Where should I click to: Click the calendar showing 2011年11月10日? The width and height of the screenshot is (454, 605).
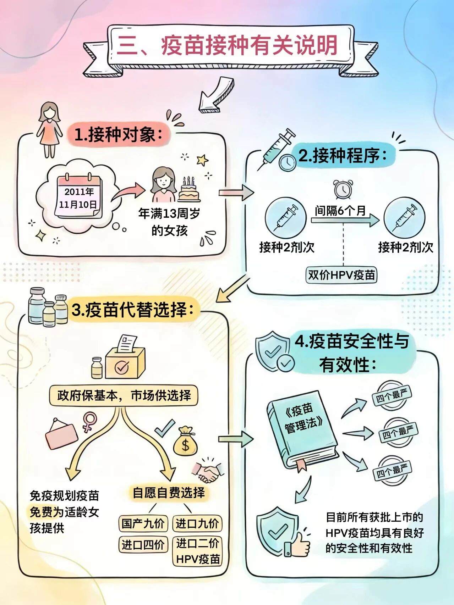(x=79, y=197)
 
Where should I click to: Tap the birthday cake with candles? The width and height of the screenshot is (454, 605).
(x=188, y=190)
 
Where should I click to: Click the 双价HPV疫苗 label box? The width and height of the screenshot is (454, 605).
(x=341, y=275)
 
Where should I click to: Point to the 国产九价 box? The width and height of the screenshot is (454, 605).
(x=143, y=523)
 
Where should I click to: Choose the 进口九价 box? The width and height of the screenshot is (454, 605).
(x=197, y=523)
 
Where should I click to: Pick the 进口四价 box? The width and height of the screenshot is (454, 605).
(x=143, y=544)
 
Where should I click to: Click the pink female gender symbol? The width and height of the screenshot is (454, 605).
(x=89, y=421)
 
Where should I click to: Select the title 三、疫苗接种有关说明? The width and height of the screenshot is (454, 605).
(x=227, y=46)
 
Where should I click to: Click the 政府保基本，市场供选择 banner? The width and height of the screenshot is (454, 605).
(x=124, y=395)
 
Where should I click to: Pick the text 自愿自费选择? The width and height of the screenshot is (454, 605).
(x=169, y=493)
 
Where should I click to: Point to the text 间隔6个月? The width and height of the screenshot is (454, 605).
(x=340, y=211)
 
